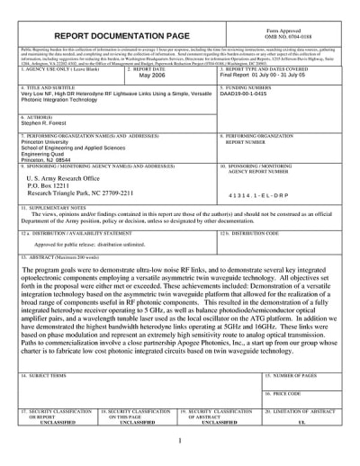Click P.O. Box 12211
click(56, 189)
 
